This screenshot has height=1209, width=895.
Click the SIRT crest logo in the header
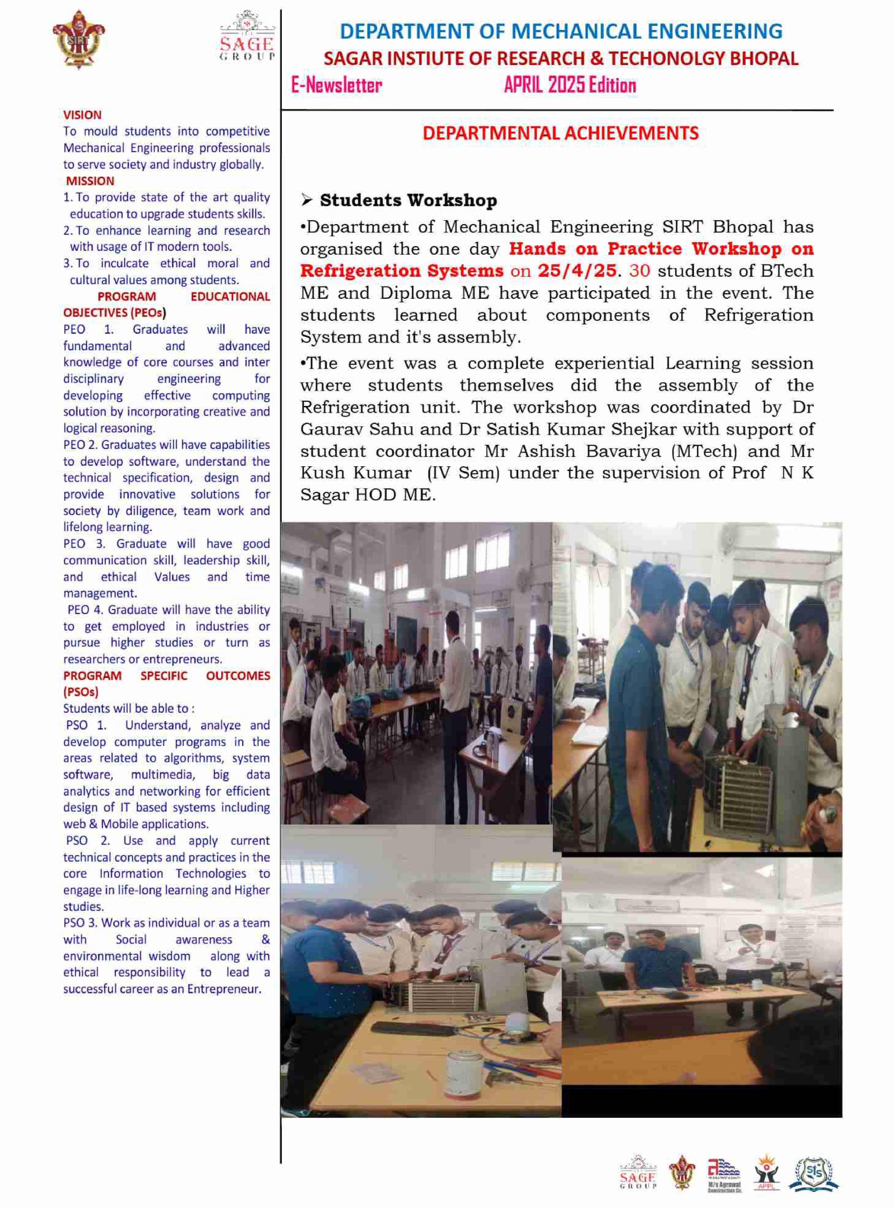click(79, 39)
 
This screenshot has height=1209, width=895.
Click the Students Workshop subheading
click(408, 200)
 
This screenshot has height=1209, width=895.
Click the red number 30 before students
click(639, 271)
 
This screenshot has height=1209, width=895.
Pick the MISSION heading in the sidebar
click(90, 181)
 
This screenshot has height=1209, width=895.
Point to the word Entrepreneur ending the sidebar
click(224, 989)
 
